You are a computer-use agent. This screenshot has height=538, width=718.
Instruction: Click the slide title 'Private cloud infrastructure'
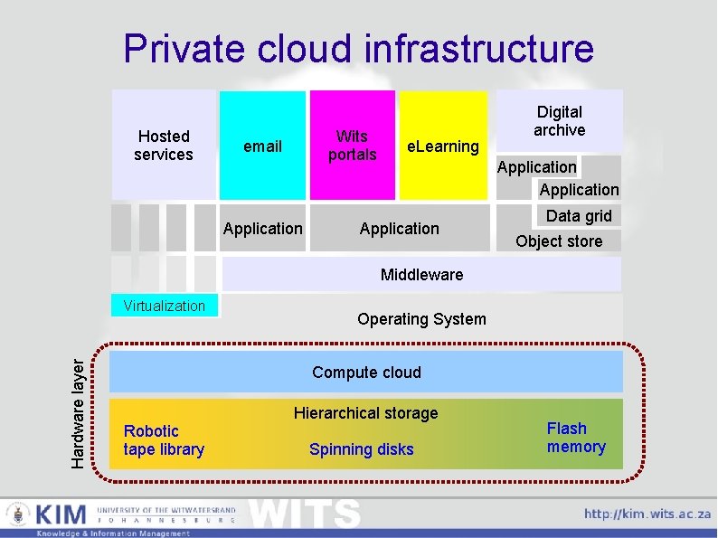359,48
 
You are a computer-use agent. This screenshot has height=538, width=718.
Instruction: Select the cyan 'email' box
263,146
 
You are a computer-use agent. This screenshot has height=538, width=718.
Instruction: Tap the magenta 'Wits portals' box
352,145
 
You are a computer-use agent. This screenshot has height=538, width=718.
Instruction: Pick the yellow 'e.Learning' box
442,146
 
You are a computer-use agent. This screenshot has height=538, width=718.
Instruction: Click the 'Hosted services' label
164,146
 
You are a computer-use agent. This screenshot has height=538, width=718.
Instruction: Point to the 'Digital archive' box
560,121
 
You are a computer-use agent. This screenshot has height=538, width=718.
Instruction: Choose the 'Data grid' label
579,215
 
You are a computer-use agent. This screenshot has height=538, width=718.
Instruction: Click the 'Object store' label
559,241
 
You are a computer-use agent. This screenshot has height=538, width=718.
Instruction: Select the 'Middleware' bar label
421,274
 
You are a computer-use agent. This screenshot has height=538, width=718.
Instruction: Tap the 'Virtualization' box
165,306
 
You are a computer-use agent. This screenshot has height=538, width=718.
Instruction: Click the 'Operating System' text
421,318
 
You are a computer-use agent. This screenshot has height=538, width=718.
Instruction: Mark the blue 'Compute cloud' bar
366,372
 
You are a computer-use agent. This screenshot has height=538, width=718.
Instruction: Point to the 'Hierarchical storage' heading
365,413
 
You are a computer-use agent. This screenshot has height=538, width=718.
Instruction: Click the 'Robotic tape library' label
164,440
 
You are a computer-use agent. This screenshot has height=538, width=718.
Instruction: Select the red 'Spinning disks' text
362,449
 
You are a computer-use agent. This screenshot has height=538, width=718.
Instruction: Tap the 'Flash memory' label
576,438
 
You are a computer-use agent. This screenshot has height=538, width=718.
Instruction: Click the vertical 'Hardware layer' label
80,411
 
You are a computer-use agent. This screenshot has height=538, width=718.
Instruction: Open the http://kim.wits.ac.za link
647,514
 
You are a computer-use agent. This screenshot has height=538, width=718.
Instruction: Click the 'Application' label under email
263,229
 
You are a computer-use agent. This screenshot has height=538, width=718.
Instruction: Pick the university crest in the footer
18,516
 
